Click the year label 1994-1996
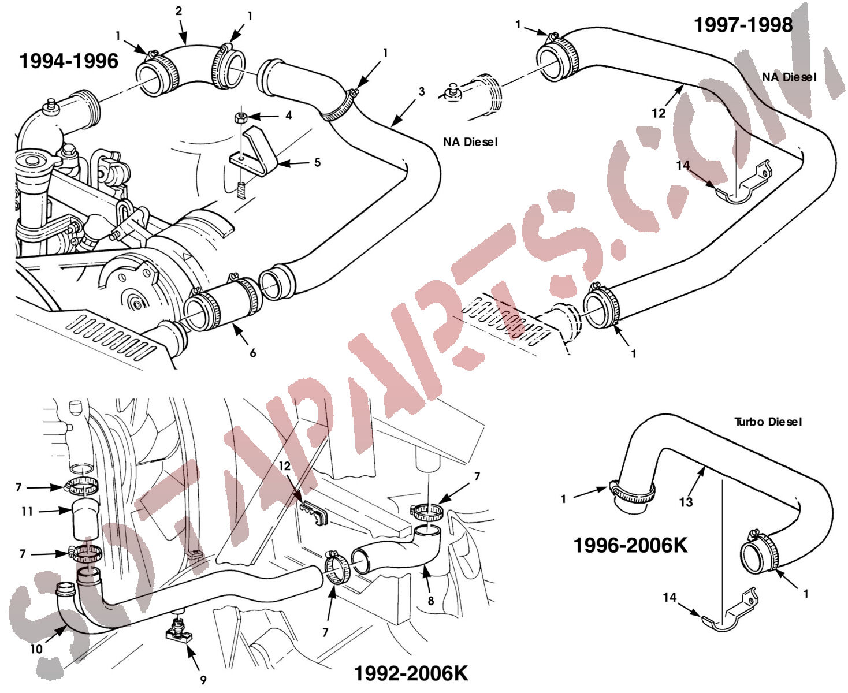(x=69, y=61)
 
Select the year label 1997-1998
(x=743, y=25)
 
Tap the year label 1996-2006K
(x=630, y=545)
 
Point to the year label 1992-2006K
(x=410, y=673)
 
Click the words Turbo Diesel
(x=768, y=422)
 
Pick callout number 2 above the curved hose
(x=179, y=11)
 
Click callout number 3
(x=422, y=92)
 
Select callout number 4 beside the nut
(x=288, y=115)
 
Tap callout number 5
(x=317, y=163)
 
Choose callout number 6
(x=252, y=353)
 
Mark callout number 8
(x=431, y=601)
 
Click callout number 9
(x=203, y=680)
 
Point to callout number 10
(x=36, y=649)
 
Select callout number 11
(x=27, y=511)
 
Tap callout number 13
(x=686, y=502)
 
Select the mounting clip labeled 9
(x=178, y=631)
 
